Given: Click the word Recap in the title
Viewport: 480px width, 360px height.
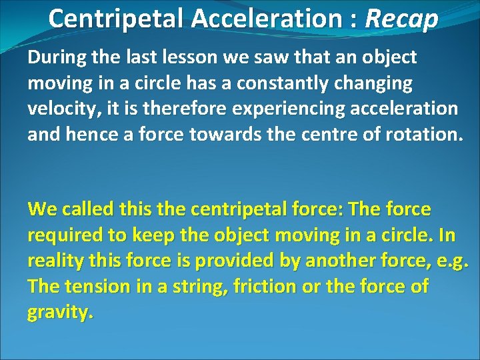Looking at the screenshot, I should tap(401, 19).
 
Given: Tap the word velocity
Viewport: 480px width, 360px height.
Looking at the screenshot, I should tap(60, 108).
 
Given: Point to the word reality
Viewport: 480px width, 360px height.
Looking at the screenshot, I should tap(55, 261).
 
